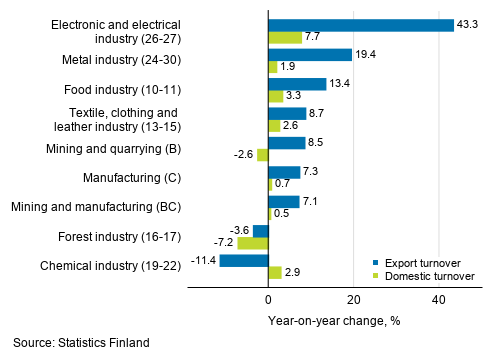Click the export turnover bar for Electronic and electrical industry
point(360,24)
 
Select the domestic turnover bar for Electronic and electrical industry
point(285,37)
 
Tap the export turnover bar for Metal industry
point(310,54)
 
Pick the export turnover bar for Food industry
point(297,84)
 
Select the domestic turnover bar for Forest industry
point(253,243)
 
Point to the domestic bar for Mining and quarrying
point(263,155)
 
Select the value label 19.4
point(366,54)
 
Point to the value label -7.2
point(222,243)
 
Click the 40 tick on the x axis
point(438,300)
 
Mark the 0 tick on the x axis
point(268,300)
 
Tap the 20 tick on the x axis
point(353,300)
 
